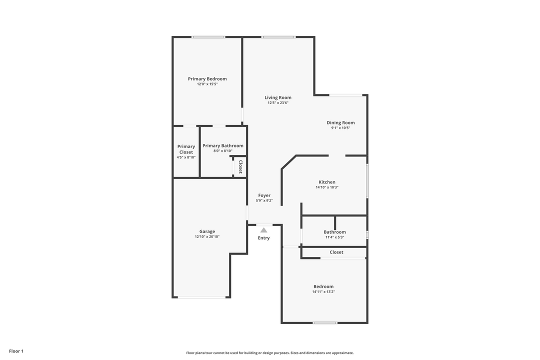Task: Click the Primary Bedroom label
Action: coord(207,79)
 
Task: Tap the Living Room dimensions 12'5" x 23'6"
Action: coord(278,102)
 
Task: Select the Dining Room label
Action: coord(340,122)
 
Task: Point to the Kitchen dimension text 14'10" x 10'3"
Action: coord(327,187)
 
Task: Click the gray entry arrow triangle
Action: coord(264,230)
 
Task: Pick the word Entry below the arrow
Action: coord(264,238)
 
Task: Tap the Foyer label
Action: coord(264,195)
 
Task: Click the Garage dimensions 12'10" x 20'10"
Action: coord(207,236)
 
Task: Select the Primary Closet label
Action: coord(186,149)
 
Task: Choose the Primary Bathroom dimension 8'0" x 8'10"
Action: coord(223,151)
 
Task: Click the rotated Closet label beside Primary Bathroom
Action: coord(240,166)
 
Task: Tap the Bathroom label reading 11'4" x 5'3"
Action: coord(334,237)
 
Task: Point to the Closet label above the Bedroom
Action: coord(336,252)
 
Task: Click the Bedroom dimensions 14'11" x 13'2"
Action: coord(323,292)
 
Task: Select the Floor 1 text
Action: coord(16,351)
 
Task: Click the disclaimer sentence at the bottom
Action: coord(270,353)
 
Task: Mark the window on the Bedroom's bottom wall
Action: coord(325,323)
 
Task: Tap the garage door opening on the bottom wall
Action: coord(201,297)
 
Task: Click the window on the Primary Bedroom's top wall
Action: coord(208,37)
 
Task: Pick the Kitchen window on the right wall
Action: coord(367,180)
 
